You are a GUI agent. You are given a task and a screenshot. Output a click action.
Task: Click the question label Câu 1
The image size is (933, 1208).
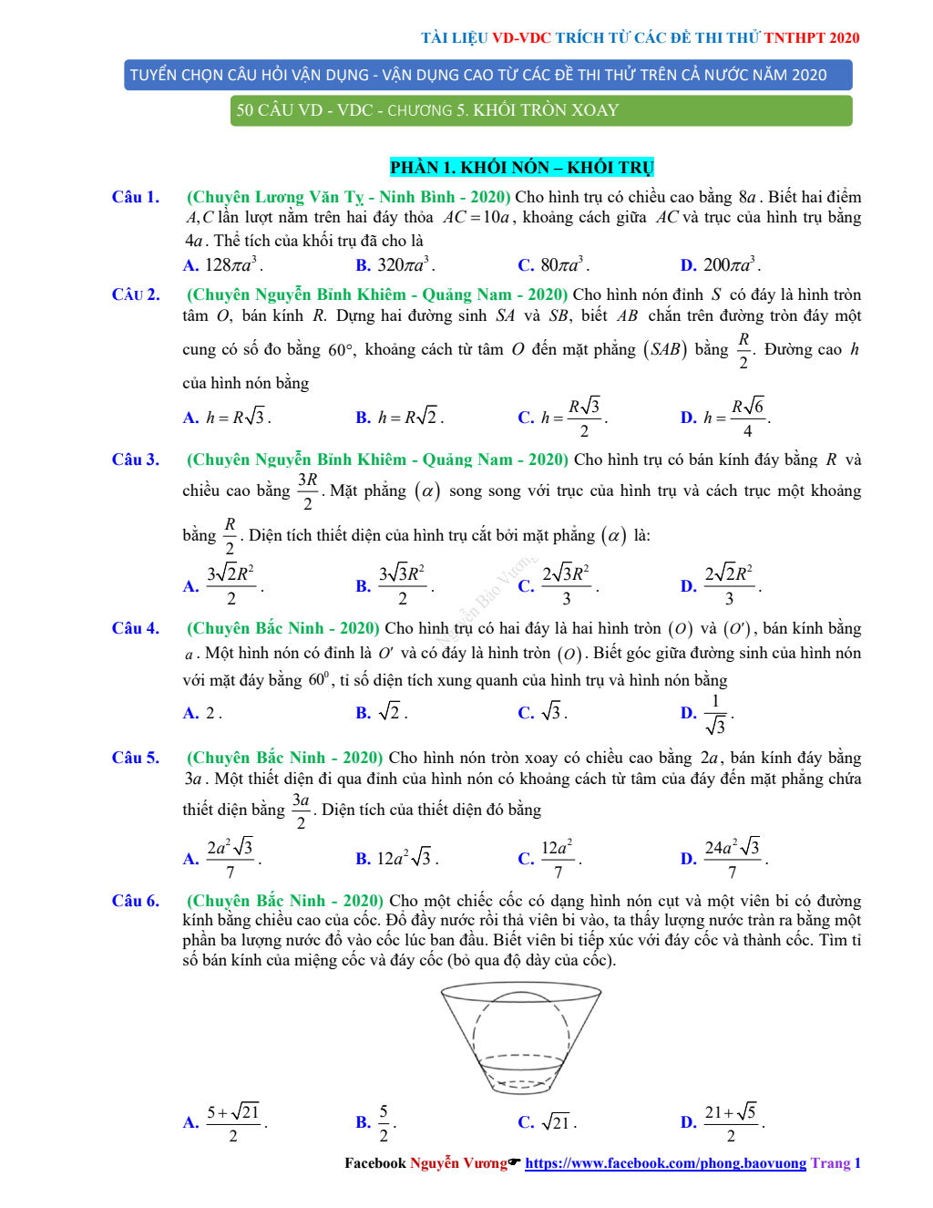pyautogui.click(x=135, y=197)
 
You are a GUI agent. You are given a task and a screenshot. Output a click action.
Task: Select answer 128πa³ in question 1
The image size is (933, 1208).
pyautogui.click(x=232, y=265)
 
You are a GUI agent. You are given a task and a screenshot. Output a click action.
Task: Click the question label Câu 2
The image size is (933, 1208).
pyautogui.click(x=135, y=294)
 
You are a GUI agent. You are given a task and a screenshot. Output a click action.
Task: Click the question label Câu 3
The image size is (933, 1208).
pyautogui.click(x=135, y=459)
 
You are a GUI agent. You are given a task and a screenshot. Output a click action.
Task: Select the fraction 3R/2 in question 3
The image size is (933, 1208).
pyautogui.click(x=307, y=490)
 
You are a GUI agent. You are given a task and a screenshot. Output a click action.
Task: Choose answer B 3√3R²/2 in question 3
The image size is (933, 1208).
pyautogui.click(x=402, y=584)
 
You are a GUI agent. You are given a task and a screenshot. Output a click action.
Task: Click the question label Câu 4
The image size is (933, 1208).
pyautogui.click(x=135, y=628)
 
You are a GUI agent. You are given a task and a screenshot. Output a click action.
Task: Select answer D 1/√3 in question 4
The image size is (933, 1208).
pyautogui.click(x=716, y=714)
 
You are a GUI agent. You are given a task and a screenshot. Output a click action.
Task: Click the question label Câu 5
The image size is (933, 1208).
pyautogui.click(x=135, y=758)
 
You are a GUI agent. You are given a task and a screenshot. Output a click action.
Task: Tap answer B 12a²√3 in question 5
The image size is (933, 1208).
pyautogui.click(x=406, y=858)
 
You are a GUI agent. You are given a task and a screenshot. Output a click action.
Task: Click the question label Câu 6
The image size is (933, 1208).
pyautogui.click(x=135, y=901)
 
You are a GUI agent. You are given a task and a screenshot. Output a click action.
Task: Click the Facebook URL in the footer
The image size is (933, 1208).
pyautogui.click(x=665, y=1163)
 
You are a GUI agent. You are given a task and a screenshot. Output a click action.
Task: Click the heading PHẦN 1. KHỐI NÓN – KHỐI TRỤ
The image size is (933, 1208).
pyautogui.click(x=522, y=168)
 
